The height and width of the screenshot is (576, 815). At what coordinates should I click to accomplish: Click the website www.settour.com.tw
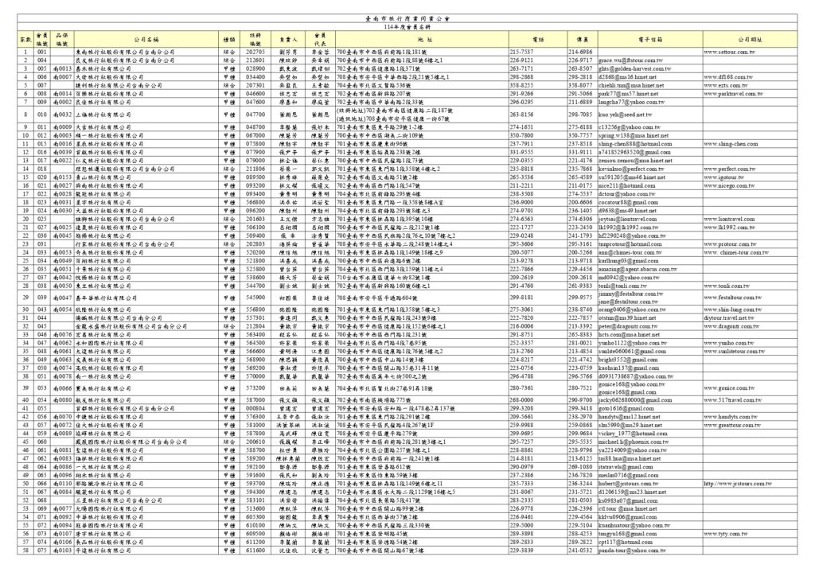pos(729,52)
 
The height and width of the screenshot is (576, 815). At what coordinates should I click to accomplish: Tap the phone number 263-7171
pos(521,68)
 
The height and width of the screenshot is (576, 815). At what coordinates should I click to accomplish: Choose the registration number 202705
pos(255,52)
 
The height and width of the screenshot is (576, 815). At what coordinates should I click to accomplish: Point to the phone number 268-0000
pos(521,399)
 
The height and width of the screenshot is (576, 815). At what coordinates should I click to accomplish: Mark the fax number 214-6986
pos(580,52)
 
